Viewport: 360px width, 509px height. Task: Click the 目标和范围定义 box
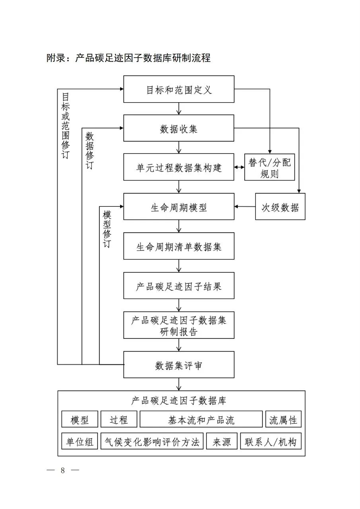(179, 89)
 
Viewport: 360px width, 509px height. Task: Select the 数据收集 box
(179, 128)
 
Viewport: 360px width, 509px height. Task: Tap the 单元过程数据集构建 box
(179, 167)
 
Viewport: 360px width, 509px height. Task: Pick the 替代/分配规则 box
(270, 167)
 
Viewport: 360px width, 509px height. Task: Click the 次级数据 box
(280, 206)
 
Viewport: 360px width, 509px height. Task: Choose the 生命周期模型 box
(179, 206)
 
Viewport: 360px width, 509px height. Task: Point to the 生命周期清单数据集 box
(179, 246)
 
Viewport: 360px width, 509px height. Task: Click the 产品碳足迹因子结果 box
(179, 286)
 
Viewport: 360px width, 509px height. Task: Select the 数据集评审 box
(179, 364)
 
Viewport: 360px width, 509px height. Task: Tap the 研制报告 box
(179, 325)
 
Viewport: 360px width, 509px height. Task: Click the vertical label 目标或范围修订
(66, 126)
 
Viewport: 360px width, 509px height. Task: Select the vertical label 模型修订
(107, 230)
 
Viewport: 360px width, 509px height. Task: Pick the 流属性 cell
(283, 419)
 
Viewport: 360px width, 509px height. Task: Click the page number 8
(62, 470)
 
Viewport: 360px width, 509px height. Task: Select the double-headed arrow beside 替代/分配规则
(239, 167)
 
